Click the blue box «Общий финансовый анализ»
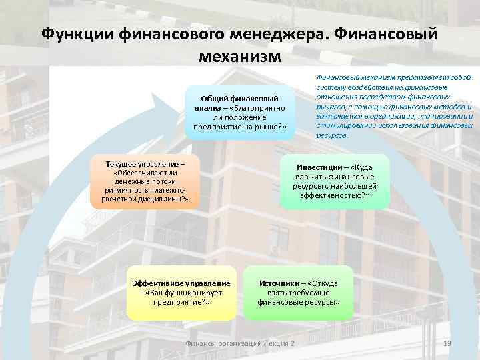(239, 113)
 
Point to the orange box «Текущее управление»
(145, 182)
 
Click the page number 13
(447, 343)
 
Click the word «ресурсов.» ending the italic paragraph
(331, 135)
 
